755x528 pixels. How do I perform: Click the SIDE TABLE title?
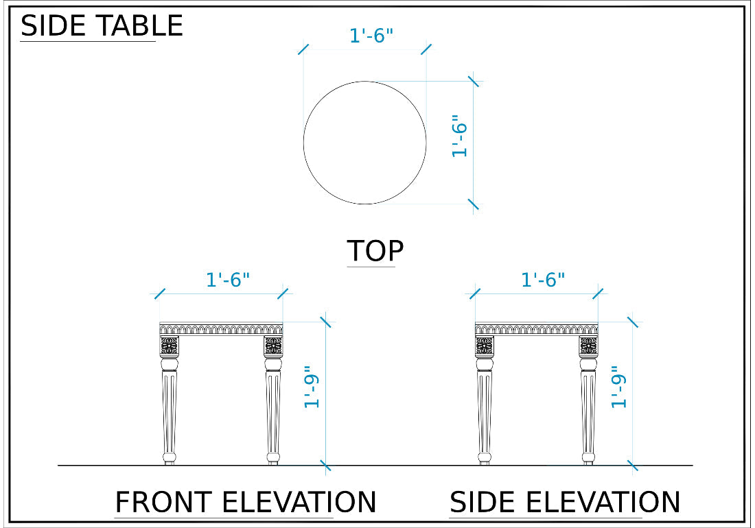[x=102, y=25]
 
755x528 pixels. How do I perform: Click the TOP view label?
[x=375, y=250]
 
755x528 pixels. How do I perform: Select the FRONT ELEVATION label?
[x=246, y=502]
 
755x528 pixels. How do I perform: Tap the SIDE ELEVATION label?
[x=565, y=502]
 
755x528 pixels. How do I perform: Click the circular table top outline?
[x=304, y=143]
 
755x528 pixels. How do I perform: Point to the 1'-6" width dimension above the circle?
[x=371, y=36]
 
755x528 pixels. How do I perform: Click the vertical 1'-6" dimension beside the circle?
[x=460, y=136]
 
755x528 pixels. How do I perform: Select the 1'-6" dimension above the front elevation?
[x=228, y=279]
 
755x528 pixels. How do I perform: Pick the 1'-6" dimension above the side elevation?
[x=543, y=279]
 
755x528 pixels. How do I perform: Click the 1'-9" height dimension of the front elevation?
[x=312, y=387]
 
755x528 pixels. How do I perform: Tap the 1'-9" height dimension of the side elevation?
[x=618, y=387]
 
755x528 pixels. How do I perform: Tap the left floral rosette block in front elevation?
[x=170, y=346]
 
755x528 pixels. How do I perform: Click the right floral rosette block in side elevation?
[x=589, y=346]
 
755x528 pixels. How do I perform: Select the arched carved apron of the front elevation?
[x=221, y=329]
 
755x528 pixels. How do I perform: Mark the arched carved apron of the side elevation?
[x=537, y=329]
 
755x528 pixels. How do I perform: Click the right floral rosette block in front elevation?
[x=273, y=346]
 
